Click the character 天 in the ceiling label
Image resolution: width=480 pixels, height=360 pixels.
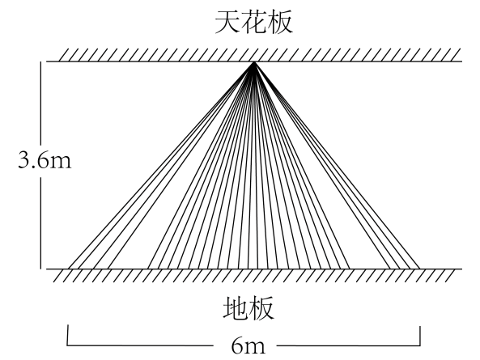(x=227, y=22)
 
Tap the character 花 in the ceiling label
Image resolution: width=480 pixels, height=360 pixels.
(x=254, y=22)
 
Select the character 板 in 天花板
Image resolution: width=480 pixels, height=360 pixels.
(x=280, y=22)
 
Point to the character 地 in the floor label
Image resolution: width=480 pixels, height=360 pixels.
(x=236, y=308)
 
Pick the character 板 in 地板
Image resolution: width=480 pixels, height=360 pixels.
(x=261, y=308)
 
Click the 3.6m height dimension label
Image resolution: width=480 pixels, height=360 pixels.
(x=45, y=160)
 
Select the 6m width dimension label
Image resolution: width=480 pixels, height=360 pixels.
(x=248, y=346)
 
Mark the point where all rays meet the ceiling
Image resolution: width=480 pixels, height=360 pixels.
(x=254, y=61)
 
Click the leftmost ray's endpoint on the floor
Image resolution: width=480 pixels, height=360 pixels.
(x=68, y=269)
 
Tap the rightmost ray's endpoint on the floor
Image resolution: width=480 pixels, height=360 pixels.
(x=419, y=269)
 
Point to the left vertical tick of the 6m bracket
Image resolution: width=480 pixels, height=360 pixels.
(x=68, y=335)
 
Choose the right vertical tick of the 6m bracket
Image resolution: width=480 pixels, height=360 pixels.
(x=420, y=336)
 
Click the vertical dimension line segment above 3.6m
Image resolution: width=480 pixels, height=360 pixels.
(x=40, y=104)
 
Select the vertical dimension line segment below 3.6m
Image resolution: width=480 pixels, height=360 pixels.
(x=40, y=223)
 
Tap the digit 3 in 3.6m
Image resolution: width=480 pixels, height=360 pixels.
(x=23, y=159)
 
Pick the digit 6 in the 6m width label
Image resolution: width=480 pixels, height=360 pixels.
(x=237, y=346)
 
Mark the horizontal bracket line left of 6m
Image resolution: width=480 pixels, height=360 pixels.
(x=140, y=345)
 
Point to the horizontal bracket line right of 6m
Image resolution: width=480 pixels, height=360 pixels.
(x=349, y=345)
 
